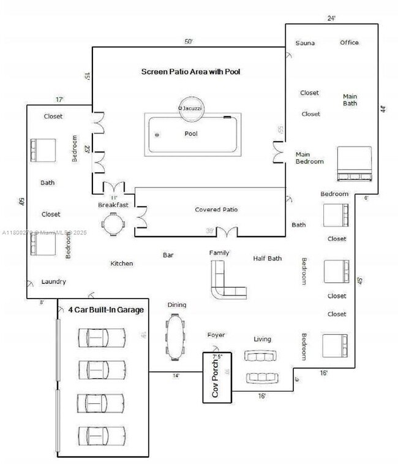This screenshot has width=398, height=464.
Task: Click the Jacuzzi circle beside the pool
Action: (x=190, y=107)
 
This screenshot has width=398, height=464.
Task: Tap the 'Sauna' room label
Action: (x=305, y=43)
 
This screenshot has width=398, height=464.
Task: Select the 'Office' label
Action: (x=350, y=42)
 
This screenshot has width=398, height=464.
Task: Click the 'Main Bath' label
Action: (x=350, y=99)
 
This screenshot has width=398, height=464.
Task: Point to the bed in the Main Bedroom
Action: (x=355, y=164)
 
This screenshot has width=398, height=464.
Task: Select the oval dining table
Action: (x=175, y=337)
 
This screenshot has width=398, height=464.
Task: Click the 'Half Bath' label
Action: (x=268, y=258)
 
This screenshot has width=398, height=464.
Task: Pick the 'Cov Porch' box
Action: (x=220, y=378)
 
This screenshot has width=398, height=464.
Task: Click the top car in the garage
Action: (x=101, y=337)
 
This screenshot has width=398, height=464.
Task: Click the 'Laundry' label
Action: (x=53, y=282)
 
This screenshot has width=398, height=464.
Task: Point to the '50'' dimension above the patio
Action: (x=189, y=42)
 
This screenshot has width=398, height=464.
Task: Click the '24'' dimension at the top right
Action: (x=331, y=18)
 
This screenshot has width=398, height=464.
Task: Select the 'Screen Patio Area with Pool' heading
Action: (x=190, y=72)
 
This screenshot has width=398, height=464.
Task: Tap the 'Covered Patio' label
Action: (x=216, y=210)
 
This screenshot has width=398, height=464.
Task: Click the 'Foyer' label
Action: (x=216, y=335)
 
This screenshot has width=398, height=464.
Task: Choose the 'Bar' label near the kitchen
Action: (x=168, y=255)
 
